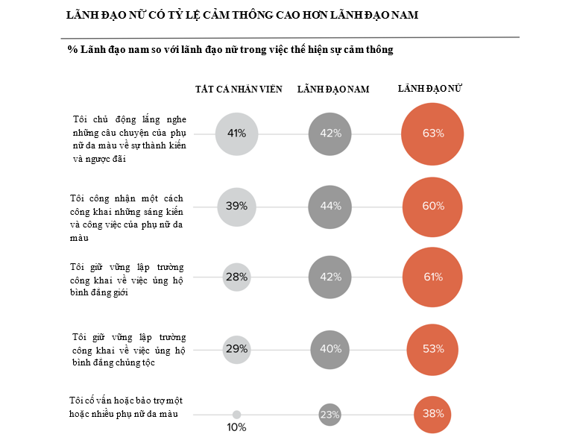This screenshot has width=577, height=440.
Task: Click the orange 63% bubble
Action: coord(433,134)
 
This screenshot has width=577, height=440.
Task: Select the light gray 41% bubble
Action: coord(236,134)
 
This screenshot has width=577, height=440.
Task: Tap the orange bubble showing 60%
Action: coord(433,207)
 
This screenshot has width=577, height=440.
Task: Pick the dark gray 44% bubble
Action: coord(330,207)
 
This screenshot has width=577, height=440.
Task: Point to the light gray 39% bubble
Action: coord(236,207)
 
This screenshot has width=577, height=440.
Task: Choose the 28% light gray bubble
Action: coord(236,277)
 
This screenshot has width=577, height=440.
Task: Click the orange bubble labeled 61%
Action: coord(433,277)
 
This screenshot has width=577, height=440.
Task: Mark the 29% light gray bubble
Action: coord(236,349)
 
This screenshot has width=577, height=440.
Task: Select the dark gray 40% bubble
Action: coord(330,349)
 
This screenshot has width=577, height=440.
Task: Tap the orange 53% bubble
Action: coord(433,349)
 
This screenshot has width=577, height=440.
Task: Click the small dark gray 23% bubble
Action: coord(330,415)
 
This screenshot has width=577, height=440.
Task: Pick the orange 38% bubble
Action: coord(433,414)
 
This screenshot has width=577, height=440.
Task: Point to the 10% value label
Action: coord(236,428)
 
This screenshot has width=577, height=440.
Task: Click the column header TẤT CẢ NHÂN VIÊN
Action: coord(239,89)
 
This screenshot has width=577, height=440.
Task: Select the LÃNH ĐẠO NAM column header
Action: coord(332,89)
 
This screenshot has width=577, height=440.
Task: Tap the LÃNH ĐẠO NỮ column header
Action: coord(432,89)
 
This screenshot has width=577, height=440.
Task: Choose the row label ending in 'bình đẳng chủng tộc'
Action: coord(127,349)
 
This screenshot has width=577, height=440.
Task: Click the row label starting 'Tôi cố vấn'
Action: coord(127,407)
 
